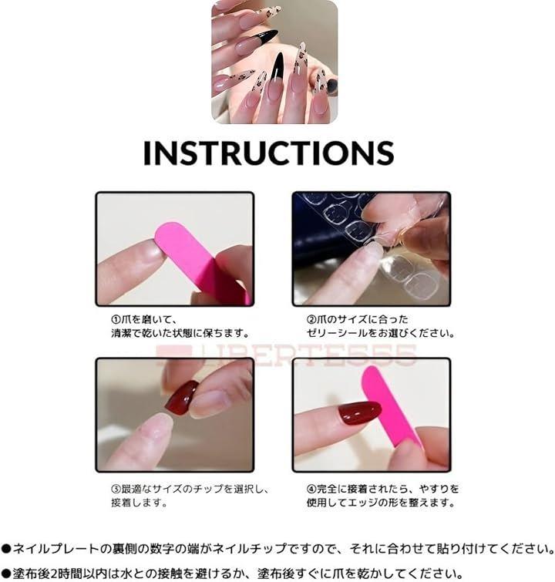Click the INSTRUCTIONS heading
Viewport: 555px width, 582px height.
268,152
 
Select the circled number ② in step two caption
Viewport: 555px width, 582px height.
311,319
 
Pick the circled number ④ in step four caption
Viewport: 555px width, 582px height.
311,489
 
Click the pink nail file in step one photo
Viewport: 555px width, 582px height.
200,261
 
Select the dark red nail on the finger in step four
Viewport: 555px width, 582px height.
359,413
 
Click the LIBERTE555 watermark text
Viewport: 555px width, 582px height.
286,355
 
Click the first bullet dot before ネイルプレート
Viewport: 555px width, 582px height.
6,548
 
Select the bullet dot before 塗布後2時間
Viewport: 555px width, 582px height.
6,573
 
